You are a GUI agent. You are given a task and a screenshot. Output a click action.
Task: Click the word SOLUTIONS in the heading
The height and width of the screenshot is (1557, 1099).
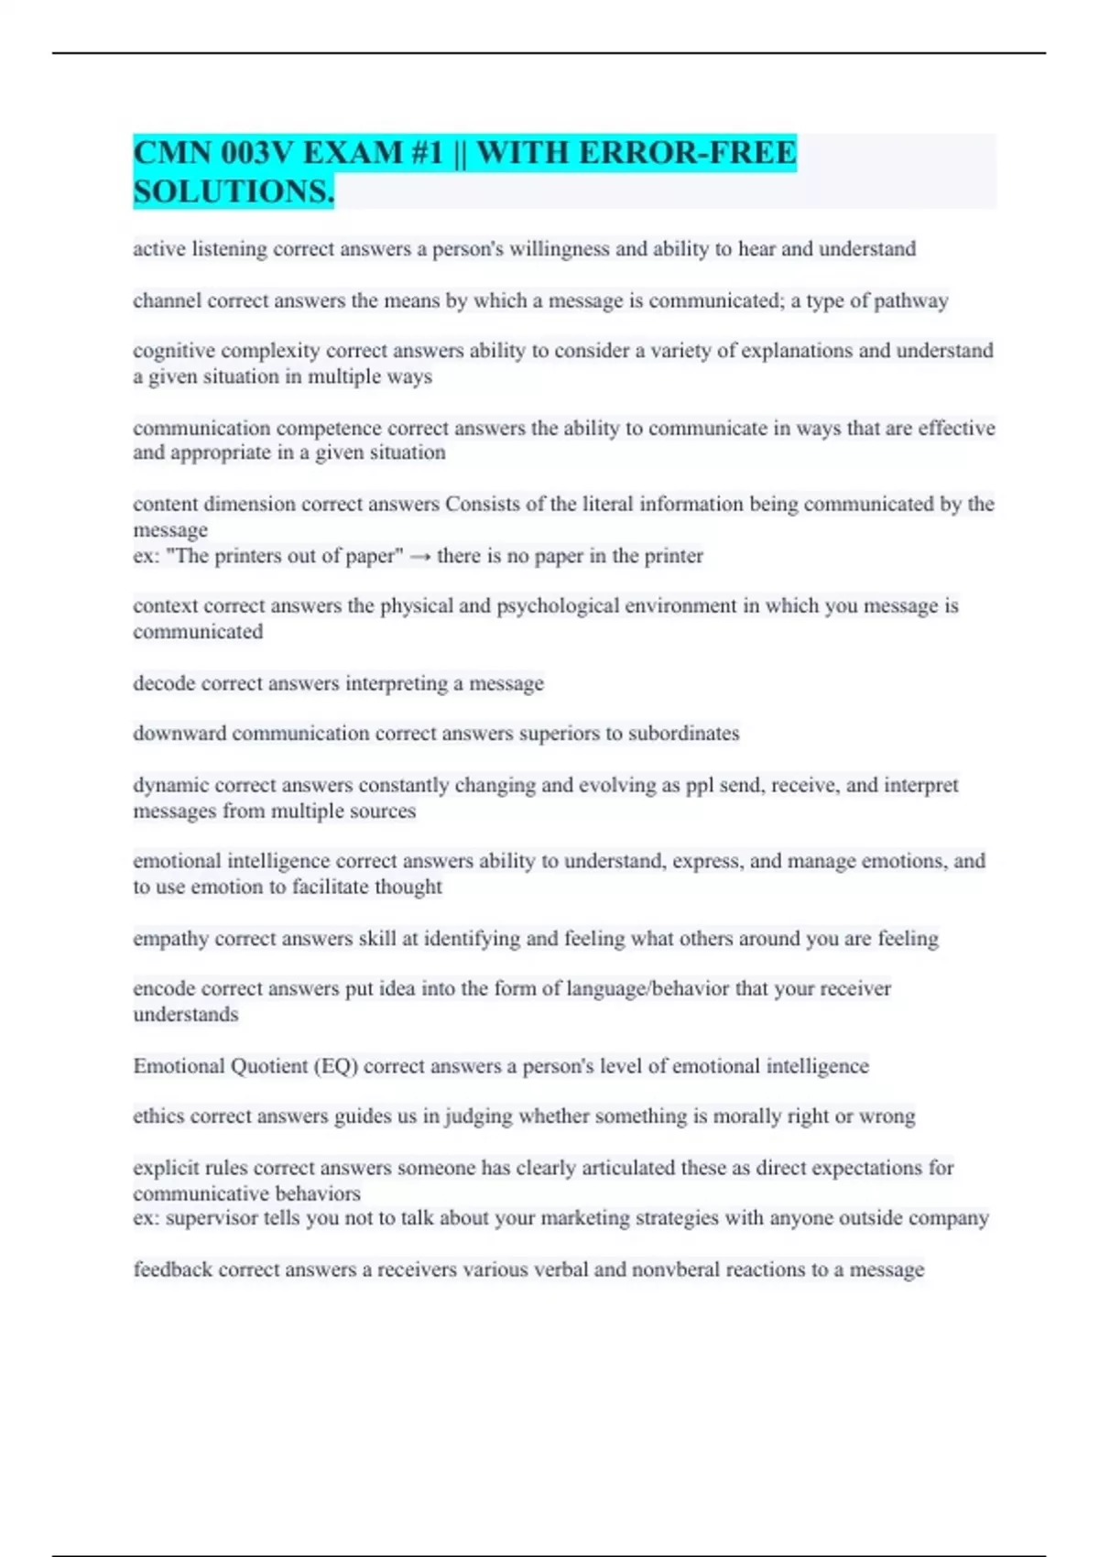coord(232,191)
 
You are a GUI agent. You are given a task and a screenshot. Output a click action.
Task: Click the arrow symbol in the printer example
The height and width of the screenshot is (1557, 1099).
coord(419,556)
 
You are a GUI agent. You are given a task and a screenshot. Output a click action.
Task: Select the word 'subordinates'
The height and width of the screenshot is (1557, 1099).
coord(683,734)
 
